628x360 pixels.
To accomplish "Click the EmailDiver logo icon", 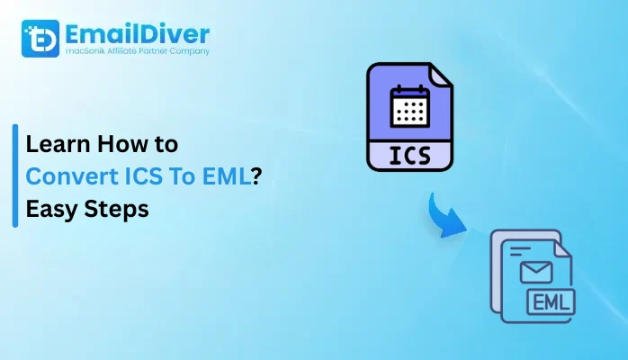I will (40, 38).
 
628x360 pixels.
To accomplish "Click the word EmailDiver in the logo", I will (138, 34).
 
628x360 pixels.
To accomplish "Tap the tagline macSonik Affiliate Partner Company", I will (137, 52).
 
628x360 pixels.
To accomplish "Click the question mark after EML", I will (256, 176).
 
